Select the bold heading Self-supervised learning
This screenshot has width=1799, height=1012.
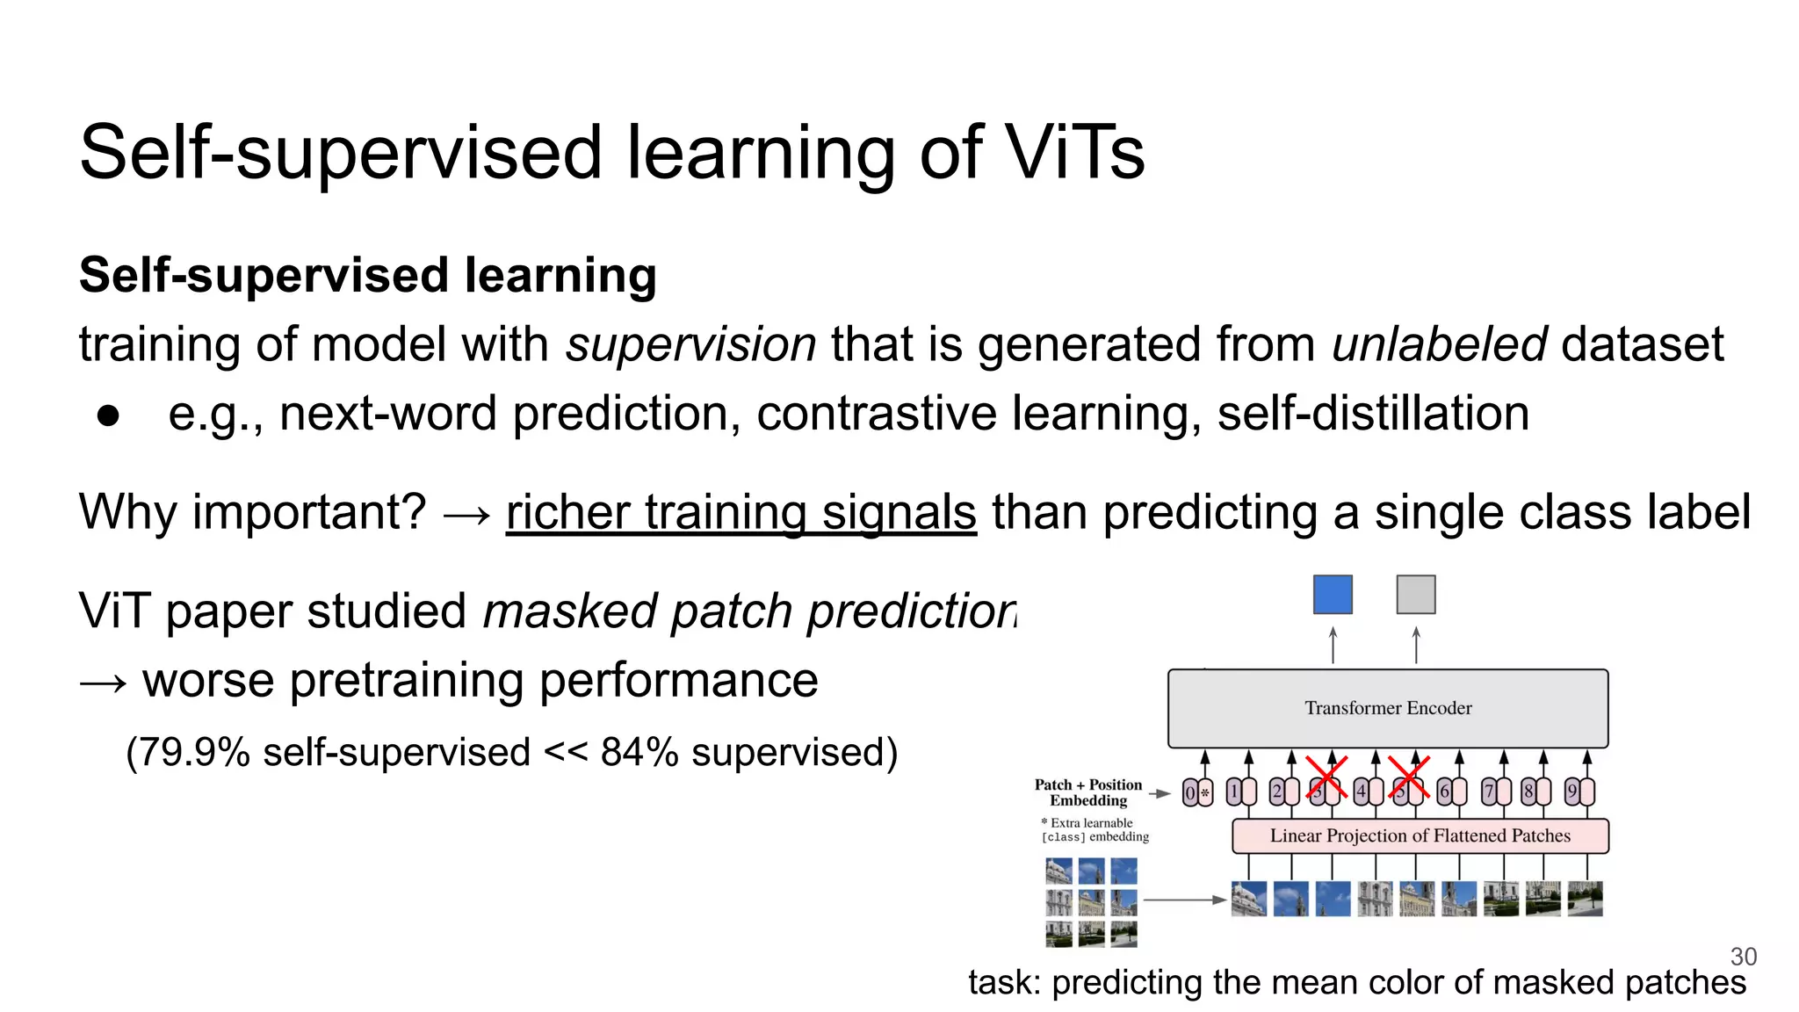coord(367,275)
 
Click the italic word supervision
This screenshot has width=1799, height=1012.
coord(691,343)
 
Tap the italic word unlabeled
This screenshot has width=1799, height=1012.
coord(1439,343)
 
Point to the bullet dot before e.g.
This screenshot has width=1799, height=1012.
coord(108,416)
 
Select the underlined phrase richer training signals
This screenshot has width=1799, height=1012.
coord(741,512)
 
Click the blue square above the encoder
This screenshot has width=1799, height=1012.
coord(1333,595)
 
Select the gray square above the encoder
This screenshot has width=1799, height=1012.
coord(1415,595)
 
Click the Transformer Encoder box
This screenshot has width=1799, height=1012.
coord(1388,708)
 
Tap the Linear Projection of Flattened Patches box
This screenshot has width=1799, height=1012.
coord(1420,835)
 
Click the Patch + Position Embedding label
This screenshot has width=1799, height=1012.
coord(1088,792)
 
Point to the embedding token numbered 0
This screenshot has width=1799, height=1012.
coord(1191,792)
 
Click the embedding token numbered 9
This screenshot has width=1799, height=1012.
coord(1572,792)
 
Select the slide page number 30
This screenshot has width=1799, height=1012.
coord(1743,957)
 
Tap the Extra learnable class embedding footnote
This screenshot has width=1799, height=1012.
coord(1095,830)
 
